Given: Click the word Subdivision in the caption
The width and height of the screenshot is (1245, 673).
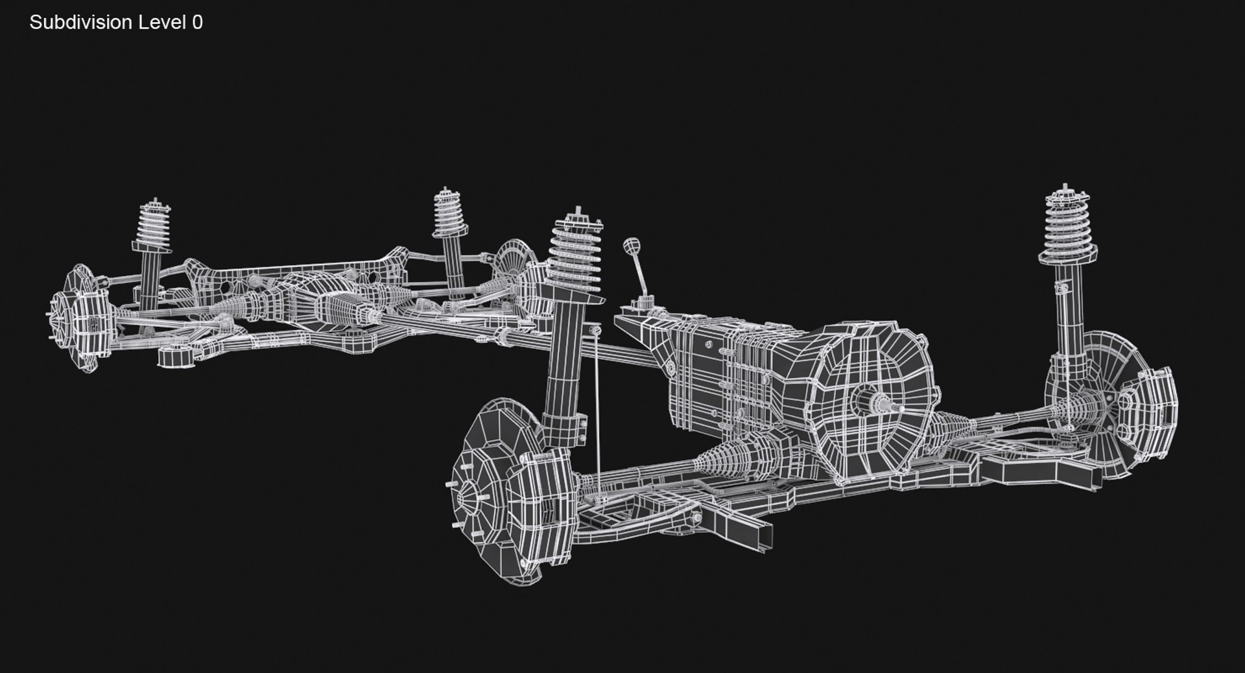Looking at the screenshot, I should pyautogui.click(x=80, y=23).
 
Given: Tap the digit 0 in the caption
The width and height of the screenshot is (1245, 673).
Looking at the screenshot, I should pyautogui.click(x=197, y=23).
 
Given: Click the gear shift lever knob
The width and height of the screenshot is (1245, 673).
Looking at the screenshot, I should pyautogui.click(x=630, y=246).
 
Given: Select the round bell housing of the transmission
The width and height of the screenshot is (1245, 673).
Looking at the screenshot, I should pyautogui.click(x=872, y=402).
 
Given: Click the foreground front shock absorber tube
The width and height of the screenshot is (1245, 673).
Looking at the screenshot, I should pyautogui.click(x=565, y=363).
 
